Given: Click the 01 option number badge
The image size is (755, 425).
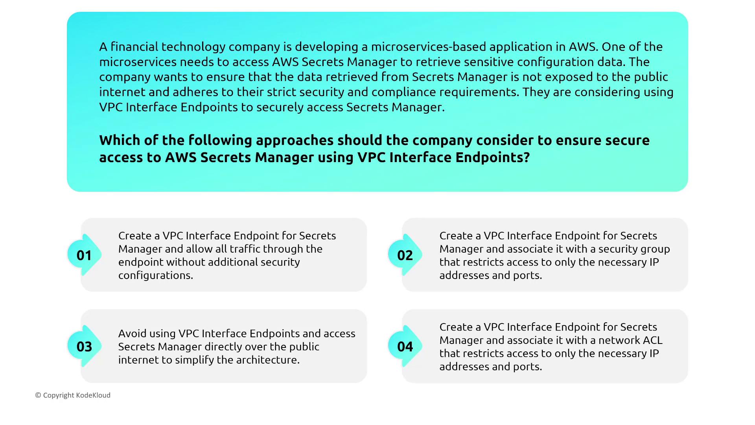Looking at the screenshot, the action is point(84,255).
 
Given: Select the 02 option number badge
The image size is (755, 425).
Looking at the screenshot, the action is point(405,255).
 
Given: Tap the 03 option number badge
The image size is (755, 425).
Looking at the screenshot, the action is point(84,346).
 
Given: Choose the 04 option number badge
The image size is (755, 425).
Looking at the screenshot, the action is point(405,346).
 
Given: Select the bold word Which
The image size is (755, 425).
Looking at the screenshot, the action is point(119,140).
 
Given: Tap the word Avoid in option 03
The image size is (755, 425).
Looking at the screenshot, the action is point(133,334).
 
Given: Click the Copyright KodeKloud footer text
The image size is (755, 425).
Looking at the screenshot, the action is point(73,395).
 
